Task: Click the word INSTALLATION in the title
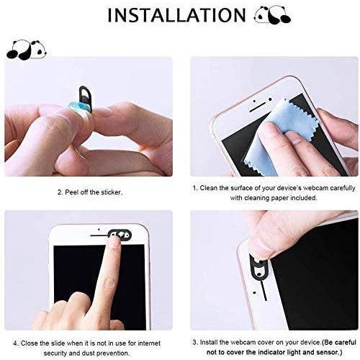click(176, 15)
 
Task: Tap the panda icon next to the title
click(272, 15)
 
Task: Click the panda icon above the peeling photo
click(26, 50)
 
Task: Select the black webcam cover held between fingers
click(85, 98)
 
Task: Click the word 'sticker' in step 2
click(111, 192)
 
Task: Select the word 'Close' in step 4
click(30, 343)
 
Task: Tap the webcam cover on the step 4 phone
click(120, 234)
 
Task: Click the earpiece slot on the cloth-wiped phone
click(258, 107)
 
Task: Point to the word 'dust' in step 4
click(89, 354)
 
